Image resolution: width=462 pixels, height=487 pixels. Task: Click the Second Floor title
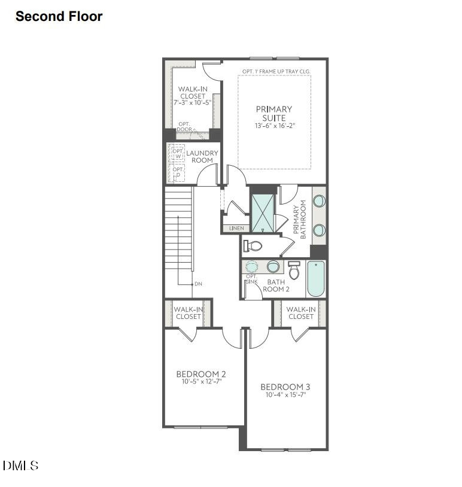tap(59, 17)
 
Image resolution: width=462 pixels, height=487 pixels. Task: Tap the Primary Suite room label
tap(274, 113)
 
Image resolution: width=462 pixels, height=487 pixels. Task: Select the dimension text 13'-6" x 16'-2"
tap(274, 126)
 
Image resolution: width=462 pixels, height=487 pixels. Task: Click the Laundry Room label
tap(202, 157)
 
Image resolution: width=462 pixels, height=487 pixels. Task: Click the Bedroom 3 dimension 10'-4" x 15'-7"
tap(285, 395)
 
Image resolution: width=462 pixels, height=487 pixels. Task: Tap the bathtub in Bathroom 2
tap(315, 279)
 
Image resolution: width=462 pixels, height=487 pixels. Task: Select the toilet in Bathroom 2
tap(294, 270)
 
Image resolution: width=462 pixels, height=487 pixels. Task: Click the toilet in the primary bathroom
tap(254, 245)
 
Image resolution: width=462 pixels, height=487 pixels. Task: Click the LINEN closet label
tap(236, 229)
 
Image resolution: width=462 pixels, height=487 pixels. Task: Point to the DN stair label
tap(198, 284)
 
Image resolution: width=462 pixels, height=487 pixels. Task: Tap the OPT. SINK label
tap(251, 279)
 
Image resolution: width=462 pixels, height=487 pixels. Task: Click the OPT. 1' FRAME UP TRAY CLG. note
tap(276, 71)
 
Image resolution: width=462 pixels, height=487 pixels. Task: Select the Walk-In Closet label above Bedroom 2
tap(187, 313)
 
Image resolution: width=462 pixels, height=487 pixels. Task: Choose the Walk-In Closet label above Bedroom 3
tap(300, 313)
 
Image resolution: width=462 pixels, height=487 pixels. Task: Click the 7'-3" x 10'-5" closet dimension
tap(192, 102)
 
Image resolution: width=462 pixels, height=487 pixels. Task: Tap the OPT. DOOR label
tap(184, 127)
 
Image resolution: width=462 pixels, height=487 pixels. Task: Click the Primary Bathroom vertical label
tap(299, 222)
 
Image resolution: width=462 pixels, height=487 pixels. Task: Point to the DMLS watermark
tap(21, 465)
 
